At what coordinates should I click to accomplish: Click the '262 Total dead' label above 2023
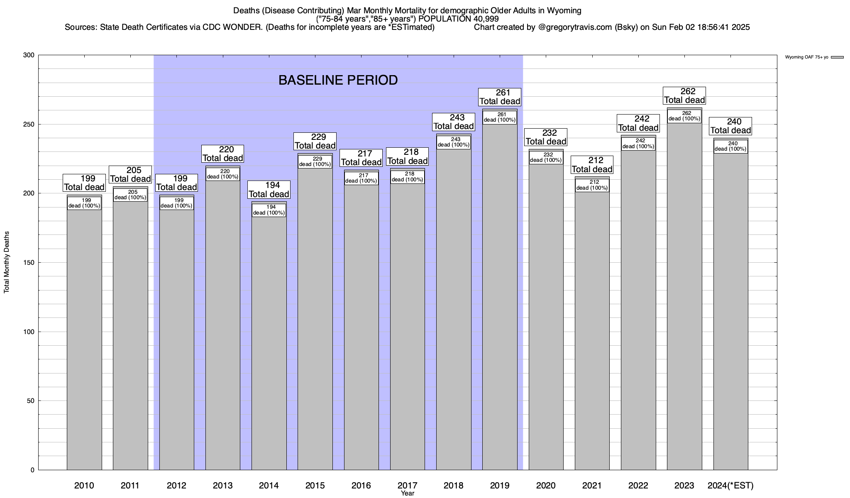(x=684, y=96)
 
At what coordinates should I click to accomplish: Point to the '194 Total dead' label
(x=269, y=190)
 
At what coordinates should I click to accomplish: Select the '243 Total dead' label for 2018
(x=454, y=122)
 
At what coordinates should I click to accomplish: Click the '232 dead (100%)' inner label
(x=546, y=158)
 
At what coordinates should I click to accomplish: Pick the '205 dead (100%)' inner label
(x=130, y=195)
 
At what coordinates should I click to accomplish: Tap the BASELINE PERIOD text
(x=338, y=80)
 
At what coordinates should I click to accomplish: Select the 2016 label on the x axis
(x=361, y=486)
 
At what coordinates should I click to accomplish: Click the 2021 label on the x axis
(x=592, y=486)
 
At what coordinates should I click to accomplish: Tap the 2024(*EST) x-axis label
(x=730, y=486)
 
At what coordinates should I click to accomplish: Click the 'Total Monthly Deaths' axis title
(x=7, y=262)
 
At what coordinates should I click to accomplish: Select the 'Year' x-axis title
(x=408, y=493)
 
